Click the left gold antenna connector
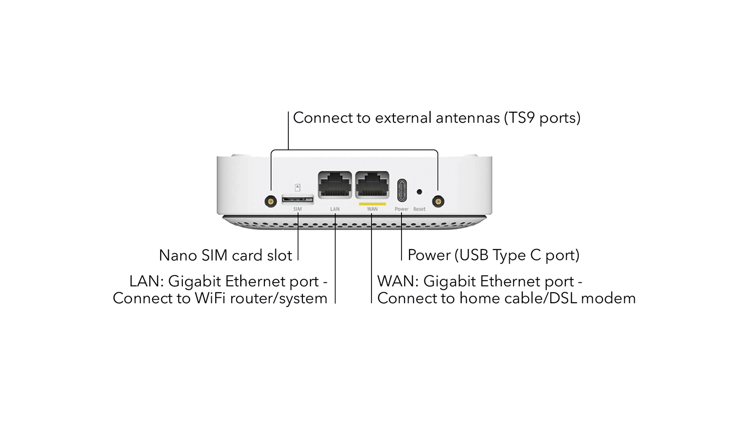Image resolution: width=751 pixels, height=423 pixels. tap(270, 201)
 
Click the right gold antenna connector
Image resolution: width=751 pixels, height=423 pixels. tap(438, 201)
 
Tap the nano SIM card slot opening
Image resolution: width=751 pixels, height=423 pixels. tap(297, 199)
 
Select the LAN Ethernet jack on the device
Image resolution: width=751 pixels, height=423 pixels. tap(335, 185)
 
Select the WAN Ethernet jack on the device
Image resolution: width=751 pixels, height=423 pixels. tap(372, 185)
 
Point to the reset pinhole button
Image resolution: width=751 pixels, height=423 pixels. tap(419, 191)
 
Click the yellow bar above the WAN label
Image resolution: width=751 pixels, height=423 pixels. tap(372, 203)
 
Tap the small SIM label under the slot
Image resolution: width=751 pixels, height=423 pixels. tap(297, 209)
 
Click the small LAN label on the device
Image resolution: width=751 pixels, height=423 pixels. tap(335, 209)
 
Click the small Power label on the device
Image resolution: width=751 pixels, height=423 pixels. tap(402, 209)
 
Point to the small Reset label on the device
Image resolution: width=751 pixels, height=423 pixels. tap(420, 209)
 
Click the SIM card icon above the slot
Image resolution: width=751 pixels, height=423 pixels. tap(297, 187)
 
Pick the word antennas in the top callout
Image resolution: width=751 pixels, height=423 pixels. tap(468, 118)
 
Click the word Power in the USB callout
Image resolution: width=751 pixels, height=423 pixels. tap(429, 255)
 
